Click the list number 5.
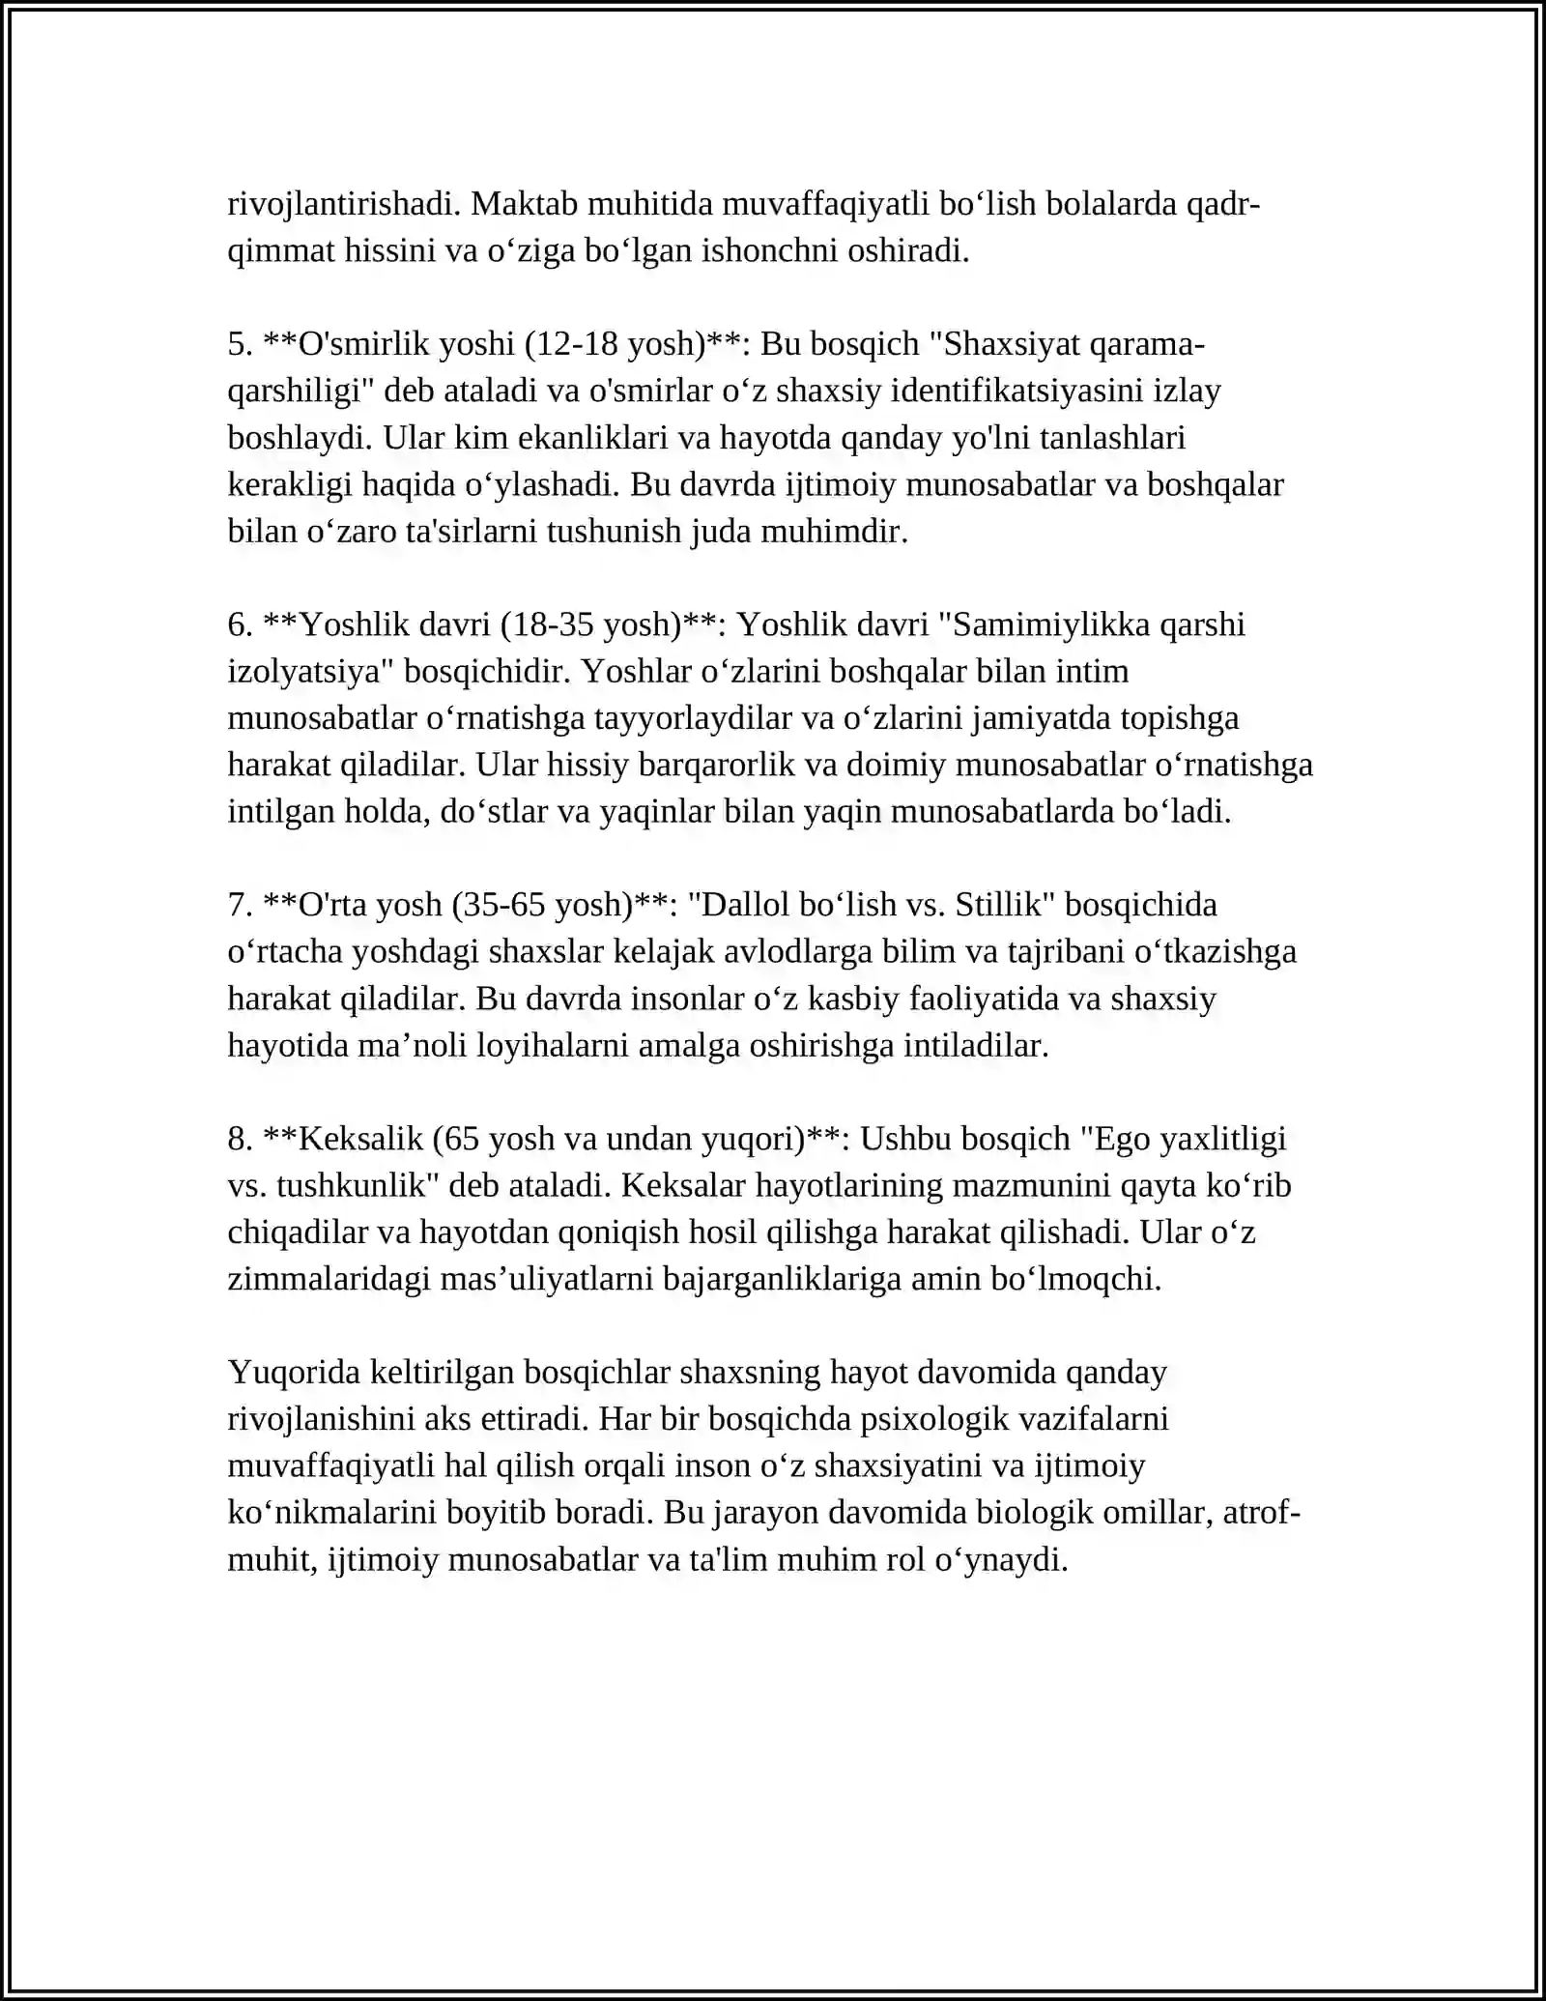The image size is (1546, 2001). [x=240, y=344]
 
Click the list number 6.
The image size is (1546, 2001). [x=240, y=624]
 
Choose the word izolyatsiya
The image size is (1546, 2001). [x=306, y=672]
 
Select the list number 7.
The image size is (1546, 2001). [x=240, y=905]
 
